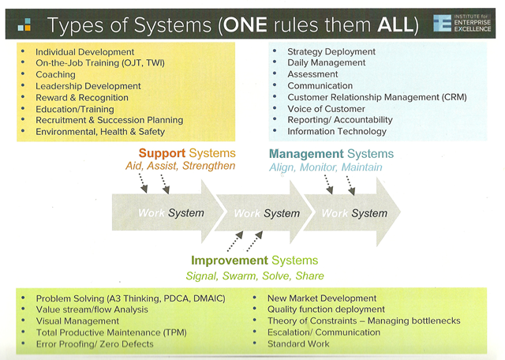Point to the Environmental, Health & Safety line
click(99, 131)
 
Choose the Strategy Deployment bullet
click(331, 52)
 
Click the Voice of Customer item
click(327, 108)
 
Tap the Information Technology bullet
click(336, 131)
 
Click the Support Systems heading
click(186, 152)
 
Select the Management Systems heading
click(331, 153)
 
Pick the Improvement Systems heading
click(254, 260)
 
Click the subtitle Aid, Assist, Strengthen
click(180, 167)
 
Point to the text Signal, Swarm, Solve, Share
click(254, 276)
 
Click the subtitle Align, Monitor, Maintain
click(325, 167)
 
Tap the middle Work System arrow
click(266, 213)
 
